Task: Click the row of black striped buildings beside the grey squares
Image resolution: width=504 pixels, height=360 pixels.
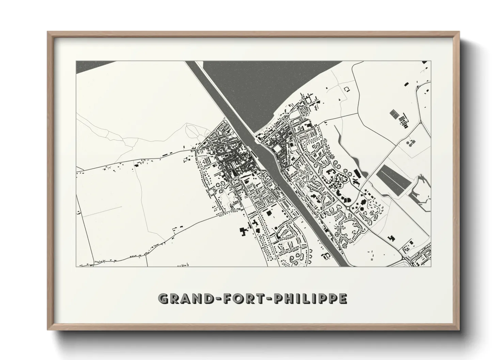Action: [x=404, y=120]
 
